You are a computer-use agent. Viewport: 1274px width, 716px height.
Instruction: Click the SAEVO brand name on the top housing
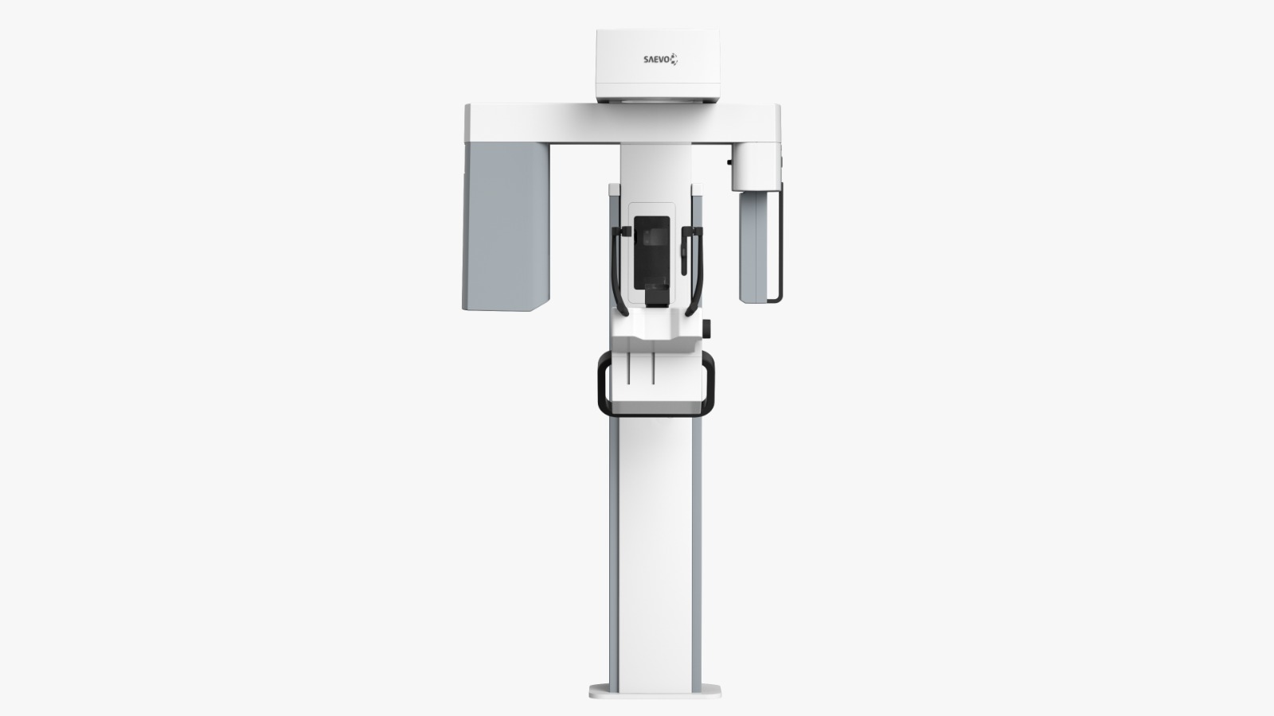coord(656,59)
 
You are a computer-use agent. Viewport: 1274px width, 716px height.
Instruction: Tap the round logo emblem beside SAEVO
coord(674,59)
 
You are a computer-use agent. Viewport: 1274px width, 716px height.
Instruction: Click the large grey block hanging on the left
coord(506,227)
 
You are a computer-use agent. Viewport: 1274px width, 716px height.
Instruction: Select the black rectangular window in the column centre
coord(652,253)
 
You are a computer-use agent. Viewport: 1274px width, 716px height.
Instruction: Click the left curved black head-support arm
coord(619,270)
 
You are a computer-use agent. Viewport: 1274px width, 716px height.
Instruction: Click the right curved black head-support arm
coord(696,270)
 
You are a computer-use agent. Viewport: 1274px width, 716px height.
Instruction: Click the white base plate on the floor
coord(655,691)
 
